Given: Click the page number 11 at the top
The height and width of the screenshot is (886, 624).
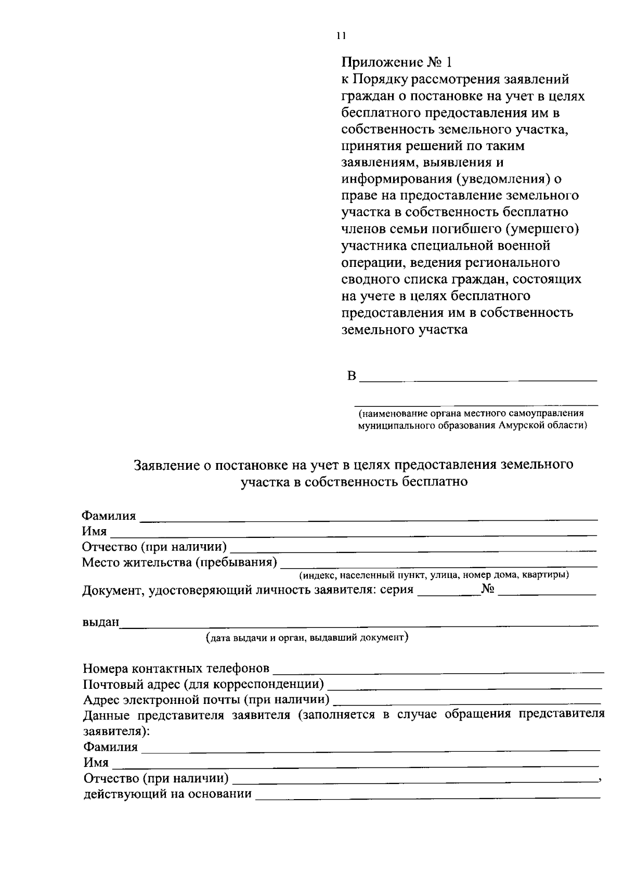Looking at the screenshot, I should coord(341,36).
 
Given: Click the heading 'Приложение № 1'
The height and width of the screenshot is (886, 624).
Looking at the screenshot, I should coord(396,62).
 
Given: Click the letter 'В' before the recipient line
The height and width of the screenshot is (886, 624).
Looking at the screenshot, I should coord(352,376).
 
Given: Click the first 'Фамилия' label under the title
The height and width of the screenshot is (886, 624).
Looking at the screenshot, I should coord(109,516).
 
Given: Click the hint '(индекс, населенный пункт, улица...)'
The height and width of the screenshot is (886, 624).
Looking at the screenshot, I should coord(433,575).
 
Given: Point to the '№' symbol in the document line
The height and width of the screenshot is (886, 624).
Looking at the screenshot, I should coord(488,589).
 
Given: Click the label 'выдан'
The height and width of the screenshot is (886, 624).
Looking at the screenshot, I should coord(101,622).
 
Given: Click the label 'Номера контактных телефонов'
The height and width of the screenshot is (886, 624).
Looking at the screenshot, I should coord(176,668).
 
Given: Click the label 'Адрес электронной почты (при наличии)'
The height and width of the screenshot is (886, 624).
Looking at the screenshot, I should coord(206,699).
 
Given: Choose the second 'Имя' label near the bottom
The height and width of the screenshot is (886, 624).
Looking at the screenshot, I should coord(96,763).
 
